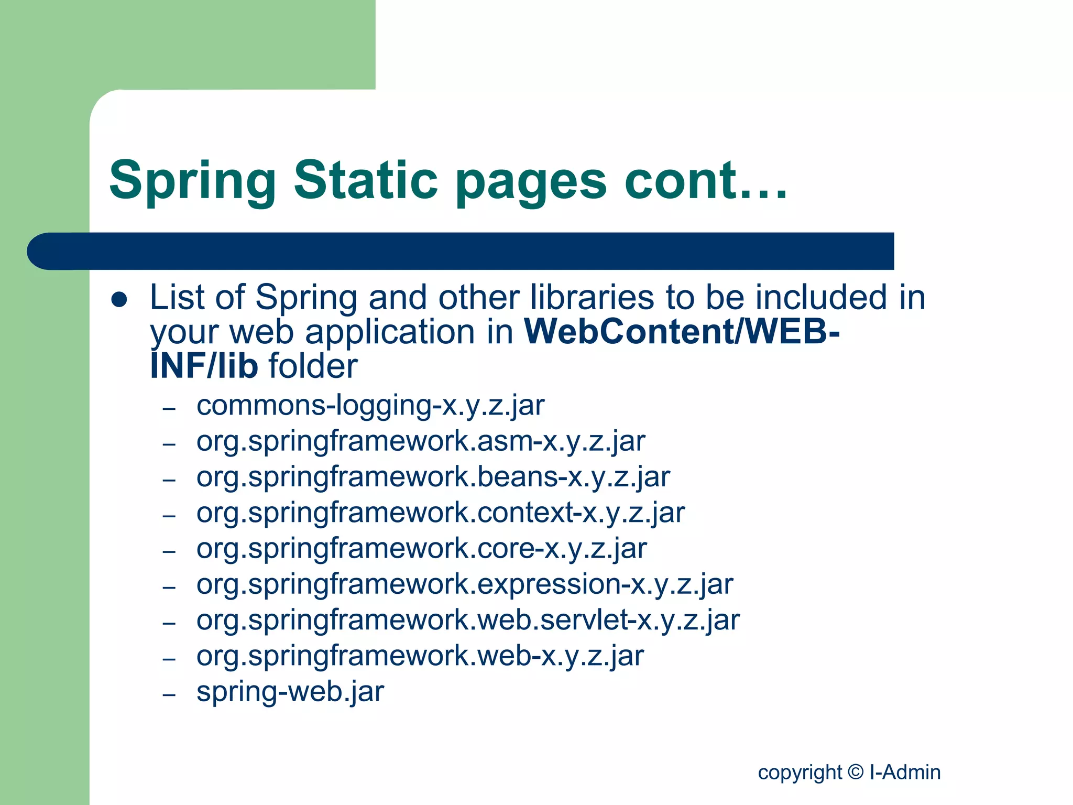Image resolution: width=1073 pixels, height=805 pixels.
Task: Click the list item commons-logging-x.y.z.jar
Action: point(370,406)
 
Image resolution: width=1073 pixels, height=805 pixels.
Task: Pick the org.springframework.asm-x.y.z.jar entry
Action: point(421,441)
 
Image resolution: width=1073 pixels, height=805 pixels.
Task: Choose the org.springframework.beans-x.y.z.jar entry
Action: point(433,477)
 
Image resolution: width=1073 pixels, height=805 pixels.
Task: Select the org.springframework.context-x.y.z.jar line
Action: point(441,513)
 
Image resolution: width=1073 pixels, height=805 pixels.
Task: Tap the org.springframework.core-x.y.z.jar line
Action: point(422,549)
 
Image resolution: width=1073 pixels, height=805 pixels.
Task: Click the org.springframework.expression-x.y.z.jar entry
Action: point(465,584)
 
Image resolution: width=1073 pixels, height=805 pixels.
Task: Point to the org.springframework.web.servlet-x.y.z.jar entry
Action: point(468,620)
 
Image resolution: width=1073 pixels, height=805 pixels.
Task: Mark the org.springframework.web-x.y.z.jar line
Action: point(420,656)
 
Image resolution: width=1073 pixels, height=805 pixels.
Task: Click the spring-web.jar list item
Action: point(290,692)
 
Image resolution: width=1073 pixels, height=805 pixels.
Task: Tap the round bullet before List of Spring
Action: point(119,299)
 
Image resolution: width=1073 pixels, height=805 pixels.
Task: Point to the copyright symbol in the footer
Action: point(856,772)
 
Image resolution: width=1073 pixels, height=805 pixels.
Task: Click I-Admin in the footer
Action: point(905,773)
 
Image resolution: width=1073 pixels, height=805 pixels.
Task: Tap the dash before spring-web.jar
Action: point(169,695)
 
